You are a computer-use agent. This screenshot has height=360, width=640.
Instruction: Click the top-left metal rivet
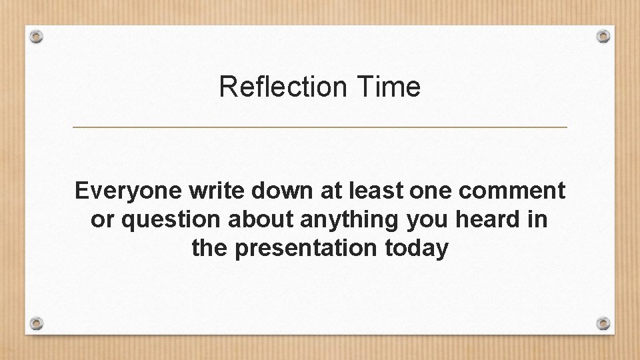point(37,37)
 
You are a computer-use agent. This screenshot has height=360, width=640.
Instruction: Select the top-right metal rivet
point(603,35)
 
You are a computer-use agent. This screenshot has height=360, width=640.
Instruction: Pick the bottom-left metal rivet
point(37,324)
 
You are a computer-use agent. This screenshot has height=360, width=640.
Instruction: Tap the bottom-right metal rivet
point(603,323)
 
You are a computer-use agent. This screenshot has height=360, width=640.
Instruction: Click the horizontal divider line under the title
point(319,127)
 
